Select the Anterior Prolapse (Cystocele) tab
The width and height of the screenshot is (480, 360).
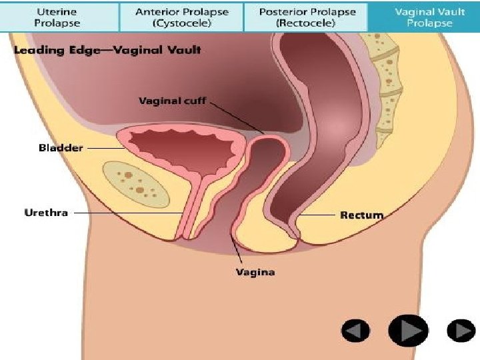(x=181, y=17)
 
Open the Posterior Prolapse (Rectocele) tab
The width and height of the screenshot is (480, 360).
(x=307, y=17)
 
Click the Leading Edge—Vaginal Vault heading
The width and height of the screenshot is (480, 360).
(x=105, y=50)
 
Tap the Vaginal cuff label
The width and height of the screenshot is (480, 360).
(x=172, y=101)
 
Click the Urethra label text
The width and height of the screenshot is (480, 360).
(x=46, y=213)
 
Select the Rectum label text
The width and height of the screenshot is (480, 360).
(x=361, y=215)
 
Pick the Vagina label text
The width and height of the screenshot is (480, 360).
(x=255, y=272)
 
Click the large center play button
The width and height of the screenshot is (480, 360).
(x=408, y=329)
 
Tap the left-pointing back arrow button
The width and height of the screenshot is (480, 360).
(x=355, y=330)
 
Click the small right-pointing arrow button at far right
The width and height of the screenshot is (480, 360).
(x=460, y=330)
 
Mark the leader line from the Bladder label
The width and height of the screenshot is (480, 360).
(x=103, y=148)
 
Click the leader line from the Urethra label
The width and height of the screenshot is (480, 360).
(x=127, y=213)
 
